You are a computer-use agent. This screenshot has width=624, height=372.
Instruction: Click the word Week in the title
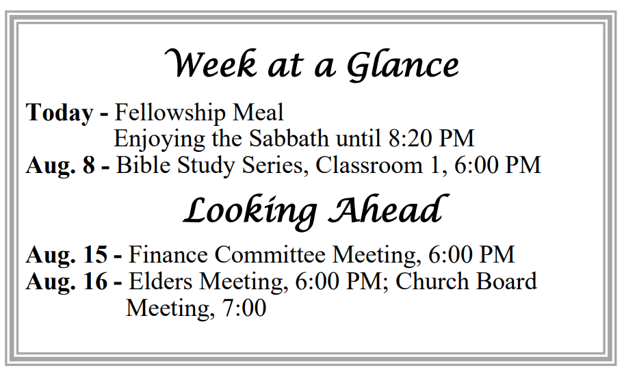[x=211, y=64]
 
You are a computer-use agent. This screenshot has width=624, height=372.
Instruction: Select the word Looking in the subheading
[x=250, y=211]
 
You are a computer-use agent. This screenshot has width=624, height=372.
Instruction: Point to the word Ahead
[x=389, y=209]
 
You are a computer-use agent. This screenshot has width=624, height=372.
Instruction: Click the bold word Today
[x=60, y=113]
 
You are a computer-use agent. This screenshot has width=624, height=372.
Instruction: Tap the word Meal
[x=258, y=112]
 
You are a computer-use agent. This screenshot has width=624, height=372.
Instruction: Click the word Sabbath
[x=289, y=138]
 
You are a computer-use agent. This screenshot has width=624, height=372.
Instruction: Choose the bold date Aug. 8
[x=60, y=165]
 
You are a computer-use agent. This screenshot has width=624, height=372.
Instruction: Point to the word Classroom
[x=369, y=165]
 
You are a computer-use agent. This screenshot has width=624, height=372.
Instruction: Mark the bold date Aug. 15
[x=67, y=254]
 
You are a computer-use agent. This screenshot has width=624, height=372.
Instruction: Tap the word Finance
[x=168, y=254]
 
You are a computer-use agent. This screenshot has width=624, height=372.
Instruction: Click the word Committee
[x=270, y=254]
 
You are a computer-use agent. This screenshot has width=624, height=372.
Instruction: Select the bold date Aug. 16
[x=67, y=281]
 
